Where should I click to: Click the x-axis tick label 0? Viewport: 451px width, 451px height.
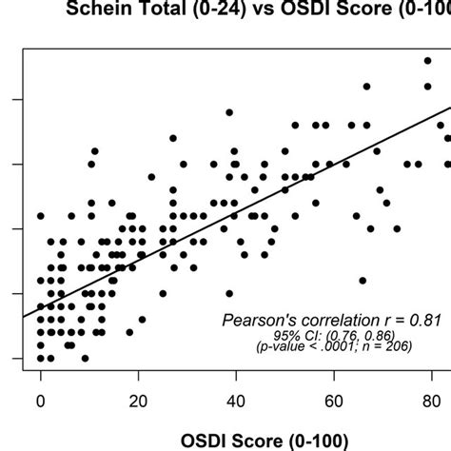coord(40,401)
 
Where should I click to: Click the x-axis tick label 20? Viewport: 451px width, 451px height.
coord(139,401)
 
